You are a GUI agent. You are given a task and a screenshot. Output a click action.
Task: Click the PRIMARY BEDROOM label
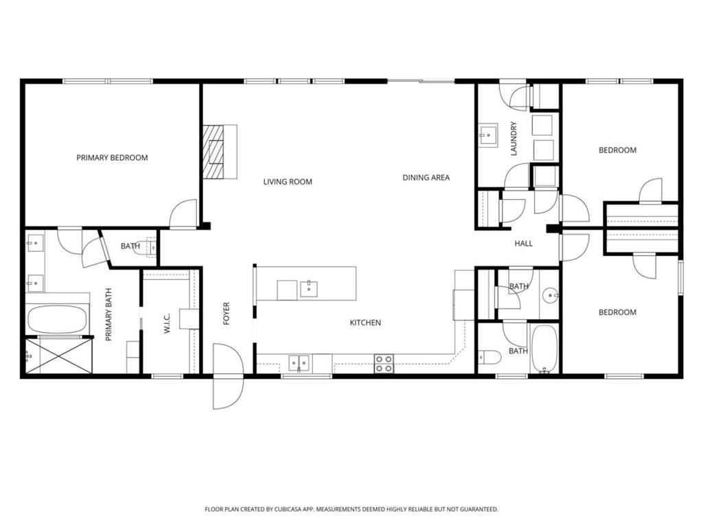(x=112, y=158)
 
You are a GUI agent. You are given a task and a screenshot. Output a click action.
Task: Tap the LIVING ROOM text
(x=288, y=181)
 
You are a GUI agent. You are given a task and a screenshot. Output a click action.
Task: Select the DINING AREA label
(x=426, y=178)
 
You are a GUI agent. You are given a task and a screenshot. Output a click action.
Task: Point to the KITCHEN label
(x=365, y=323)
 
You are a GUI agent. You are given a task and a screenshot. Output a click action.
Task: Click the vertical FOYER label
(x=227, y=313)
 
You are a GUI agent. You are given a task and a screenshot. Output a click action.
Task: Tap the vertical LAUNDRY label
(x=514, y=139)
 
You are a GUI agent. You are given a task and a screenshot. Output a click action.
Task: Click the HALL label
(x=524, y=244)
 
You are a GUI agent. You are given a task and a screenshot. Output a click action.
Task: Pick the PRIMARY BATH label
(x=108, y=314)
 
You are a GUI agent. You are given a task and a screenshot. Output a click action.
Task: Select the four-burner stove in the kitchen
(x=384, y=364)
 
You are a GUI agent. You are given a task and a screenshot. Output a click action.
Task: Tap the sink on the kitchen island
(x=309, y=289)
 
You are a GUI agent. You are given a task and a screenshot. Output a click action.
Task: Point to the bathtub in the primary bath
(x=57, y=320)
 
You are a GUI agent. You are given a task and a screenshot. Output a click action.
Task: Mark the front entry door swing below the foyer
(x=228, y=376)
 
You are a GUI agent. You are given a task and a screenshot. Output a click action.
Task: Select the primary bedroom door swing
(x=183, y=213)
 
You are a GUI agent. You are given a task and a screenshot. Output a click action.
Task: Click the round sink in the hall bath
(x=550, y=296)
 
